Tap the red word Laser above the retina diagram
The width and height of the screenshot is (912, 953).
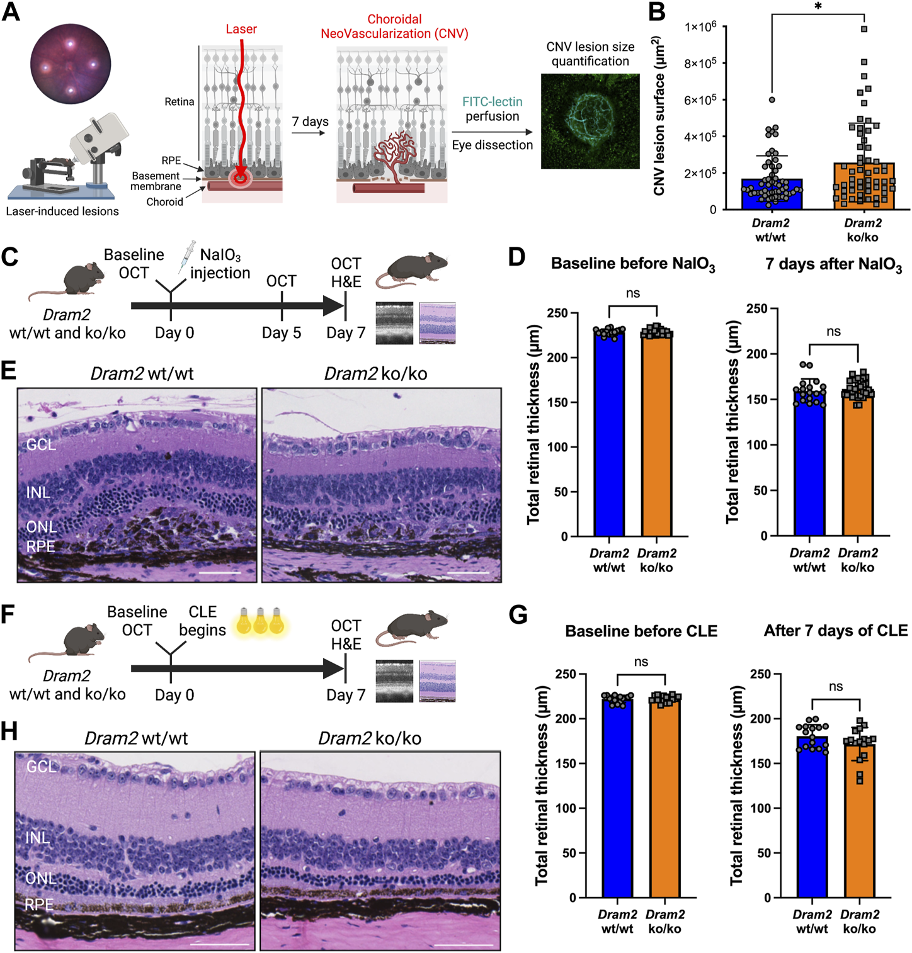tap(241, 29)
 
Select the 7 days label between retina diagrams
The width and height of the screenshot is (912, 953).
tap(310, 121)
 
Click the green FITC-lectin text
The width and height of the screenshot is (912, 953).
tap(492, 101)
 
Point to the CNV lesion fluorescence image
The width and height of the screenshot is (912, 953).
tap(590, 121)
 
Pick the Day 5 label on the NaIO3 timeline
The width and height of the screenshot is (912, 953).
tap(281, 332)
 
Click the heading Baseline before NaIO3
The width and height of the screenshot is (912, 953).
tap(632, 264)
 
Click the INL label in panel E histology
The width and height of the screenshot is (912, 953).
tap(38, 492)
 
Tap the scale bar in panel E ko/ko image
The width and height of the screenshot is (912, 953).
tap(469, 573)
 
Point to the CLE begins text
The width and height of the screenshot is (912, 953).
tap(202, 621)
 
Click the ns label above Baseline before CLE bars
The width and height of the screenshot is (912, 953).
tap(641, 662)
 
